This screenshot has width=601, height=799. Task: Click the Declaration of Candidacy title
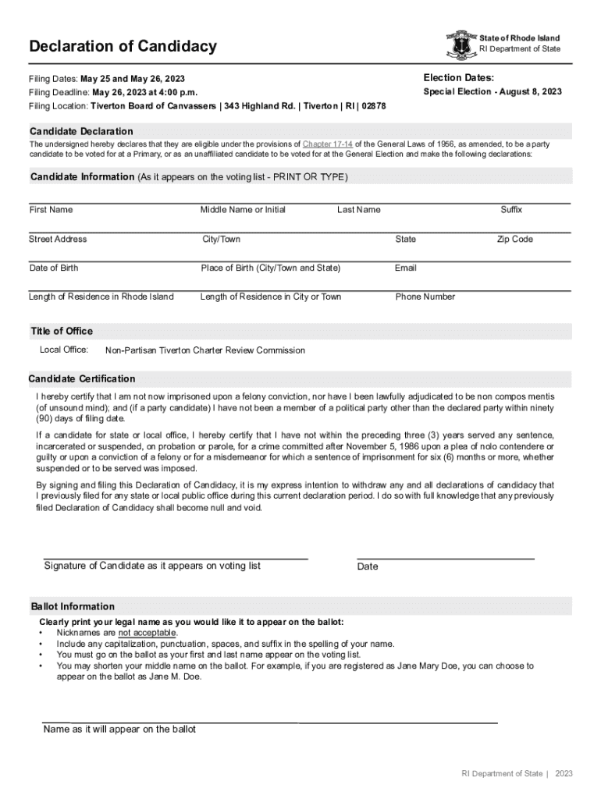click(123, 47)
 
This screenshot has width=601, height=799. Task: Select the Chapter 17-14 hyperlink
click(327, 144)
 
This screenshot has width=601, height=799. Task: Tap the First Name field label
click(51, 210)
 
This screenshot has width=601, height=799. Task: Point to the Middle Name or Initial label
click(243, 210)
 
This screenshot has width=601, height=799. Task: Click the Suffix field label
click(511, 210)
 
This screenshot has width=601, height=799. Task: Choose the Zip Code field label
click(515, 240)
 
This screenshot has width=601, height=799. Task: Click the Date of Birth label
click(54, 268)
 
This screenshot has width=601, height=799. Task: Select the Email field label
click(406, 268)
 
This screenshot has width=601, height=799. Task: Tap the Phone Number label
click(425, 297)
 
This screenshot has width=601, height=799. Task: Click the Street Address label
click(58, 240)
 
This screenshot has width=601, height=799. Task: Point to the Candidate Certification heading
click(82, 379)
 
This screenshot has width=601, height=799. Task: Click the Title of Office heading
click(62, 332)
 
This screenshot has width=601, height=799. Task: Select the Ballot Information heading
click(73, 607)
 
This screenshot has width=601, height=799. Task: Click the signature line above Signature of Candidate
click(175, 559)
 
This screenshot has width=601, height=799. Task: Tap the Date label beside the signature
click(368, 566)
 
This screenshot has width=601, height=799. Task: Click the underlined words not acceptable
click(148, 633)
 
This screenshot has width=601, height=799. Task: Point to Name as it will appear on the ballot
click(119, 730)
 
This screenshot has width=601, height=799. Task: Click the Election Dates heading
click(458, 77)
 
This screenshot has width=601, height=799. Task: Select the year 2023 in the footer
click(564, 773)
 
